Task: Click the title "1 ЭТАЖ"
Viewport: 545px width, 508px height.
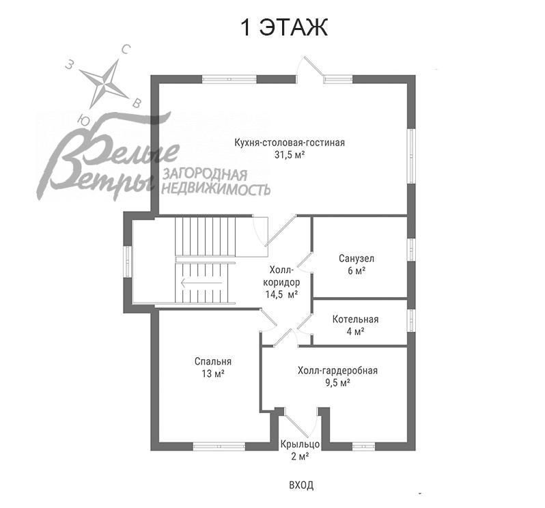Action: point(284,28)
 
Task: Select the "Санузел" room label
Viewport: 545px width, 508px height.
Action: point(356,259)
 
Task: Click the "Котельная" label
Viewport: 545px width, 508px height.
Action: point(355,320)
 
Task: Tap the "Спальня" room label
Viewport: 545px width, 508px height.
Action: point(212,362)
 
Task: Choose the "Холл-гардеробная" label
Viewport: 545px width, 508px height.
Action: point(337,371)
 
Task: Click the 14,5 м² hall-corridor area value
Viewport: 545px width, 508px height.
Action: point(281,294)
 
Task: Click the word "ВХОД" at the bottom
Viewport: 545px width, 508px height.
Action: point(301,485)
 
